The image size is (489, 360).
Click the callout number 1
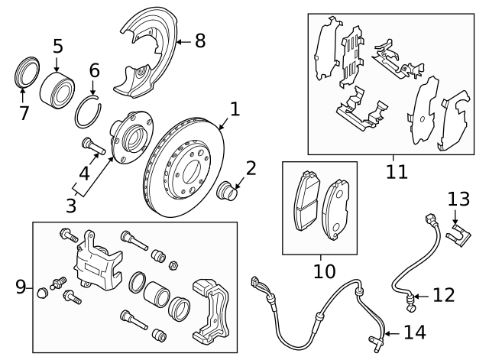tap(235, 109)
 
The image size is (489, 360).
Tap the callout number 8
tap(199, 41)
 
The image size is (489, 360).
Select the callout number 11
tap(397, 171)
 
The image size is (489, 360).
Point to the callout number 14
tap(413, 332)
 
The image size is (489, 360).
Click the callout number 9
tap(21, 287)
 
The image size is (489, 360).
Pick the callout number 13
tap(458, 199)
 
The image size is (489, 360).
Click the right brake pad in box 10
tap(336, 206)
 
